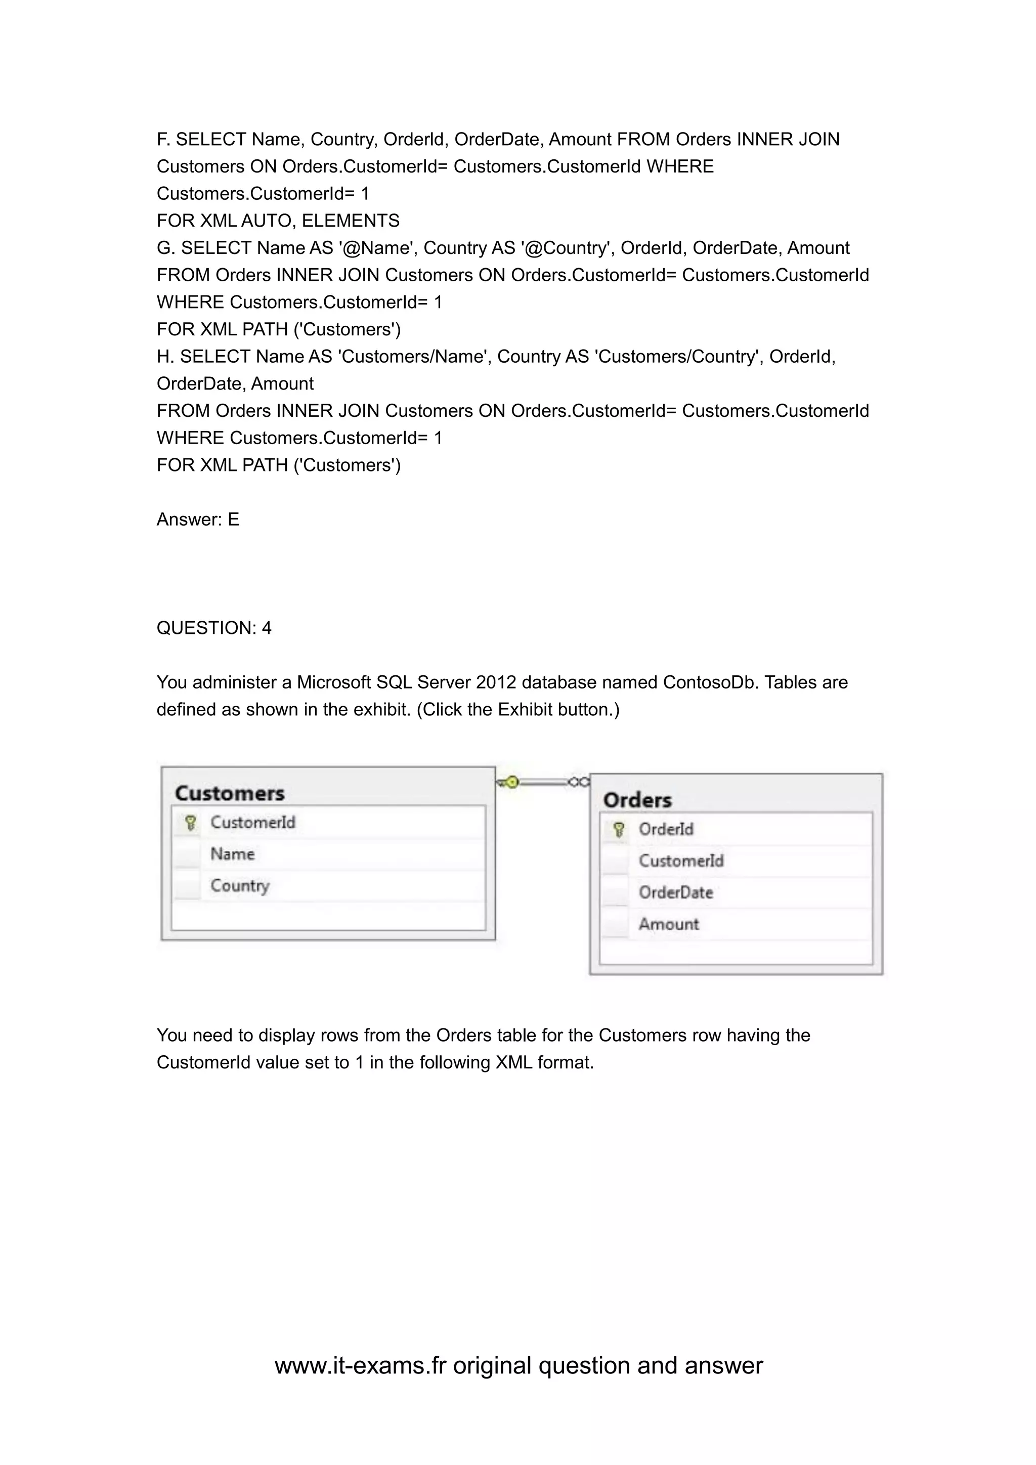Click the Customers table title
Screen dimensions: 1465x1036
[230, 793]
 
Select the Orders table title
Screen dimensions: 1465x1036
[637, 800]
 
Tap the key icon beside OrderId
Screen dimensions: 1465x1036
[618, 830]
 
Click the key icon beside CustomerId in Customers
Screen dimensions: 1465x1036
[190, 823]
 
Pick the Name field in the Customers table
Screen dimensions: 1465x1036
[232, 854]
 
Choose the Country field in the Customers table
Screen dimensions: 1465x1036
[240, 886]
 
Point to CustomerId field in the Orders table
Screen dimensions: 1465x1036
[681, 861]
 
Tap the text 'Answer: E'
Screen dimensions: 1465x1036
[198, 520]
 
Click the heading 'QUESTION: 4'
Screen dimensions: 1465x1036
[213, 628]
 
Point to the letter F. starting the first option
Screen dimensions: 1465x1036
[163, 139]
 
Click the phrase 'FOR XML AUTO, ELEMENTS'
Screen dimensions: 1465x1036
[278, 221]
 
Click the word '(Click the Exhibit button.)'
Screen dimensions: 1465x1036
[518, 710]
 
